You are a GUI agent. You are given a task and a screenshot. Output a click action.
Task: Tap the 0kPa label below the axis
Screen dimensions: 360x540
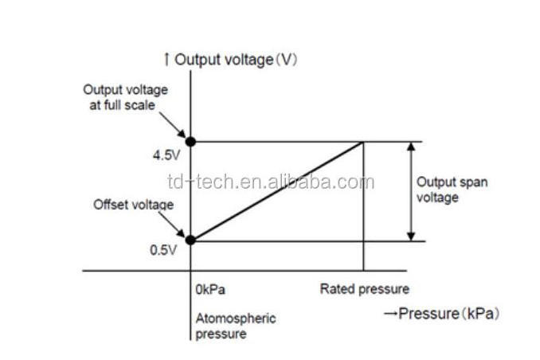(210, 289)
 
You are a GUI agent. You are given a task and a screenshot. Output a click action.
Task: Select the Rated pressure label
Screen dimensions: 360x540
(364, 288)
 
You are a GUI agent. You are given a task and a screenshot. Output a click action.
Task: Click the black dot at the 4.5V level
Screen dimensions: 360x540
(190, 142)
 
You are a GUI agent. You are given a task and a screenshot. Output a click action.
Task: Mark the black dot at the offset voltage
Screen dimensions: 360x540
(190, 239)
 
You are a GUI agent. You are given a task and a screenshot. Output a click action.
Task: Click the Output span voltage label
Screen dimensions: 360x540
(452, 190)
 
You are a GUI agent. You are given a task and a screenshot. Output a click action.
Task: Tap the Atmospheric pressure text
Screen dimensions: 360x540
(236, 326)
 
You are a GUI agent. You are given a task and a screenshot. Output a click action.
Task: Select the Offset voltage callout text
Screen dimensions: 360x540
(133, 205)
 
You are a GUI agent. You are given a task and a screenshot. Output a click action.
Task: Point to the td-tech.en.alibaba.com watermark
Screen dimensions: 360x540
(270, 182)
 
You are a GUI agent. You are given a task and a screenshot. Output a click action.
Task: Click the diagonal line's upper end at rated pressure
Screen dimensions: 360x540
(363, 143)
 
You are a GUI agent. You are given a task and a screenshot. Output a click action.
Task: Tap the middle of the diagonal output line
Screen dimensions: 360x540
(277, 191)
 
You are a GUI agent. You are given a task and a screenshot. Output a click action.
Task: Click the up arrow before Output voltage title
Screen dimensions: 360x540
(166, 59)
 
